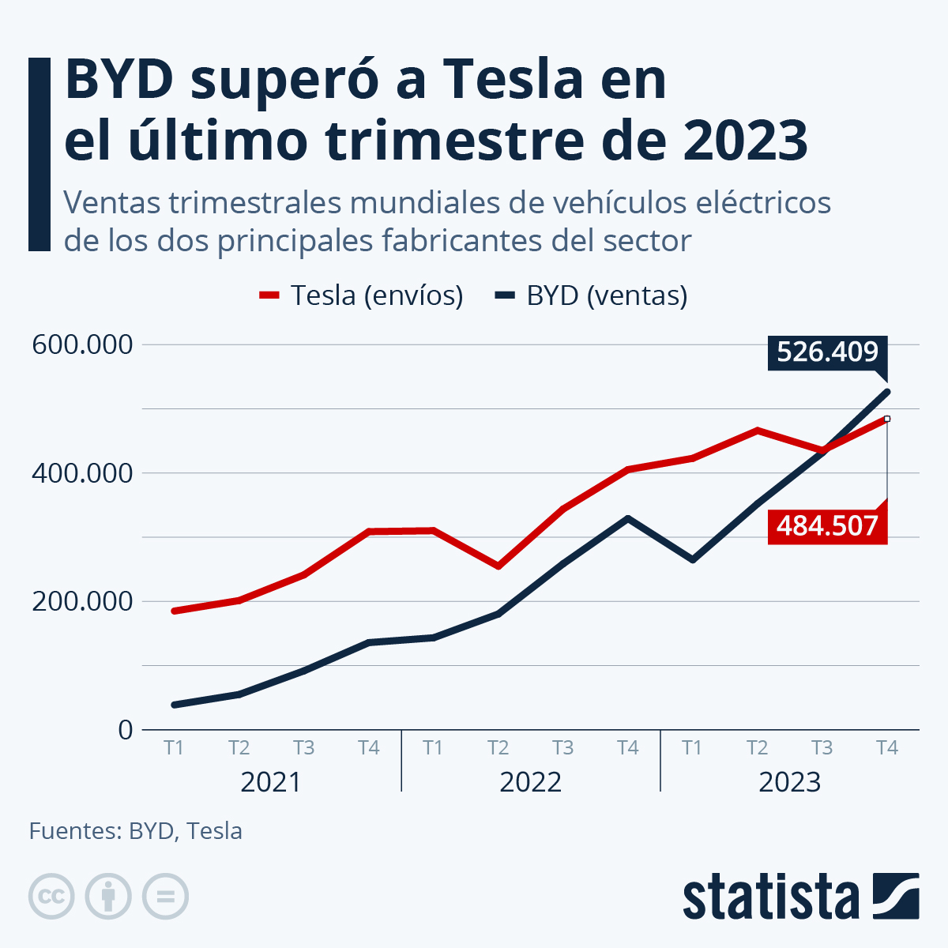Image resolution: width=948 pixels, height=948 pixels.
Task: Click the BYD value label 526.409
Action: [x=827, y=352]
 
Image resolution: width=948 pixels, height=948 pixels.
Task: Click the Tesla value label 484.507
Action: [x=827, y=525]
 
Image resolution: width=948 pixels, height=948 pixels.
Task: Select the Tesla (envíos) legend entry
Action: [x=362, y=295]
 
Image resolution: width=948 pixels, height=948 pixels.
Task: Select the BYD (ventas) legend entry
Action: [x=592, y=295]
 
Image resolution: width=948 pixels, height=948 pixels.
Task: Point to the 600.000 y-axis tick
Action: [x=81, y=345]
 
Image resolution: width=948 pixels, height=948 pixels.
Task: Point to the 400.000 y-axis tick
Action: [x=81, y=473]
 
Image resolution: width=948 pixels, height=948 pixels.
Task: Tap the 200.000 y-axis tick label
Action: [x=81, y=601]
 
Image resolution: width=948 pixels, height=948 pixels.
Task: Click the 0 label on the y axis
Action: [x=125, y=729]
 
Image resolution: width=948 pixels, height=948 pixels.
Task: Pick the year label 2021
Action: [x=271, y=782]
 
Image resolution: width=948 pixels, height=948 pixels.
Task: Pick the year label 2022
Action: [x=530, y=782]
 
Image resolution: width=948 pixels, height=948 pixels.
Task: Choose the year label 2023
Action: [x=789, y=782]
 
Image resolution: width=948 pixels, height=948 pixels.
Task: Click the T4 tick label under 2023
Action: [x=887, y=747]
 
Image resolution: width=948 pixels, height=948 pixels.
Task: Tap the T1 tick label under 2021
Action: [x=174, y=747]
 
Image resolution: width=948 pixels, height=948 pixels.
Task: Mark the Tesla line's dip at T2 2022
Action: [x=498, y=566]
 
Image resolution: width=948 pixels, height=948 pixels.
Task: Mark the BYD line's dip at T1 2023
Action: [x=693, y=559]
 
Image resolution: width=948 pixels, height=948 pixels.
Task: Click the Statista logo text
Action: [x=770, y=897]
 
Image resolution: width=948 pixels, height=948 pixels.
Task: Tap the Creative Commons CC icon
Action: [x=51, y=897]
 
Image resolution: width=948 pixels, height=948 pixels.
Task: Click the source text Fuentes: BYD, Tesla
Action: [x=136, y=831]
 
